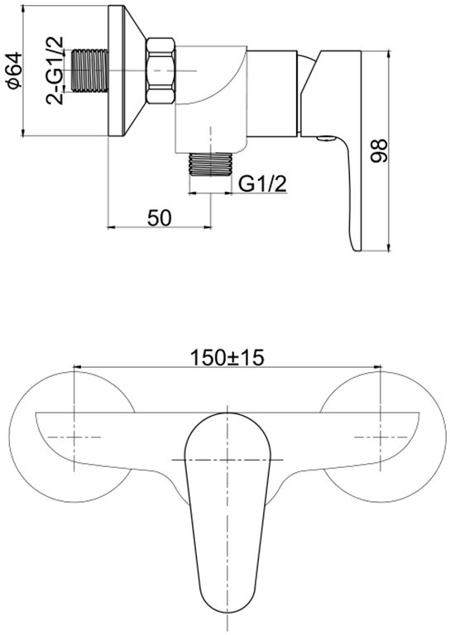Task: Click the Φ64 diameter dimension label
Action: pos(13,70)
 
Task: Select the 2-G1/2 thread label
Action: pos(54,70)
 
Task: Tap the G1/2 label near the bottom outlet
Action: pos(262,184)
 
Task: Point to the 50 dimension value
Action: pos(159,218)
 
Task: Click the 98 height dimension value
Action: pos(380,150)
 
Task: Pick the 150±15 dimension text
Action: pos(227,357)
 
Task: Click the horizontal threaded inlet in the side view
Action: pos(91,70)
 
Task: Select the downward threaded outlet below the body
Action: pos(211,165)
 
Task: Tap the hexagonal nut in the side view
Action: pos(161,71)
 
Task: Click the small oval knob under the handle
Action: pos(327,139)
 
